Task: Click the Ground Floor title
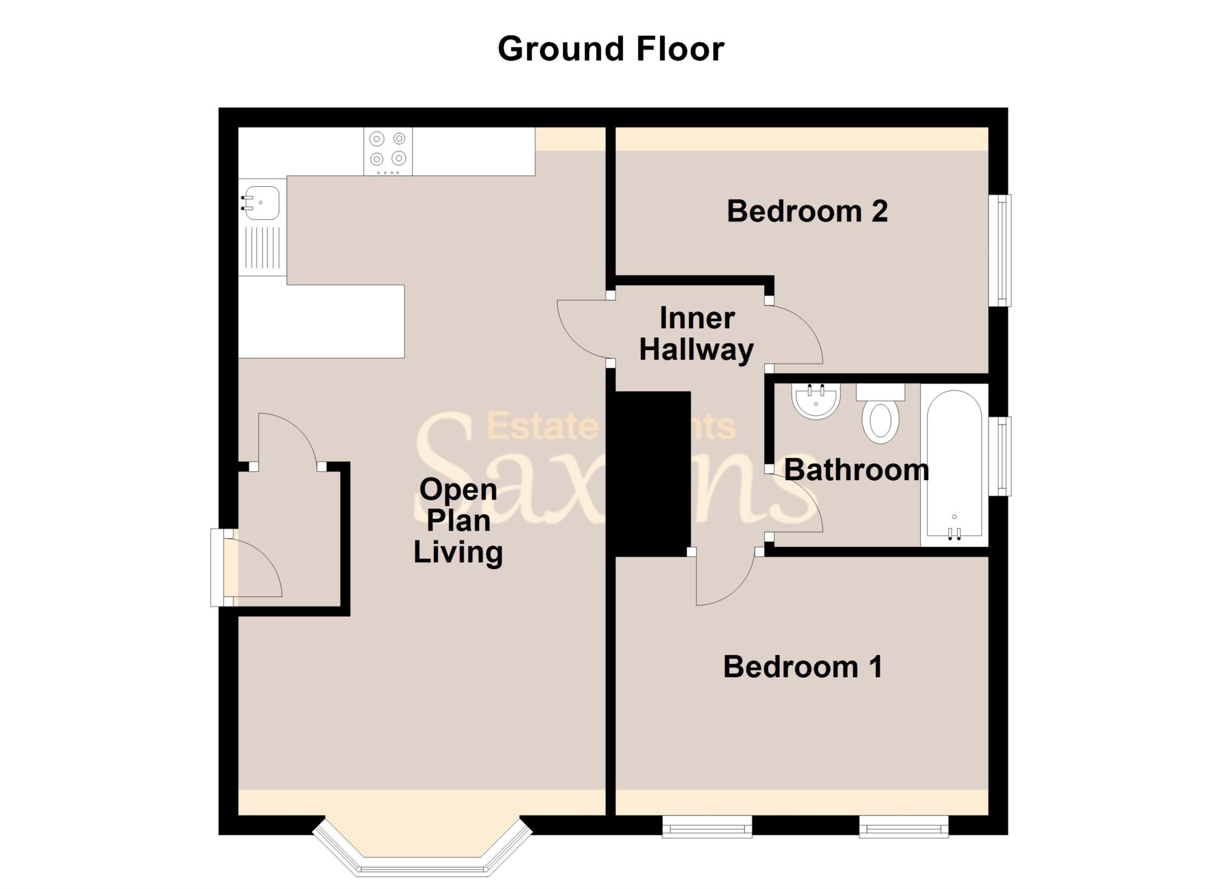[610, 48]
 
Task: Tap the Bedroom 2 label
[807, 211]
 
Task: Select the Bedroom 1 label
[803, 667]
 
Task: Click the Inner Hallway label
[696, 334]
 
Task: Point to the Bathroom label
[856, 470]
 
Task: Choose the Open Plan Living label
[458, 521]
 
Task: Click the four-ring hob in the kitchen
[388, 150]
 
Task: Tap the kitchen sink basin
[262, 202]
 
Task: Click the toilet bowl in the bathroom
[881, 421]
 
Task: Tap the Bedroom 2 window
[1001, 250]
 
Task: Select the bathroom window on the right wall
[1001, 456]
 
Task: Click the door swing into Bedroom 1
[725, 582]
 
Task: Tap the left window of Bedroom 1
[707, 828]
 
